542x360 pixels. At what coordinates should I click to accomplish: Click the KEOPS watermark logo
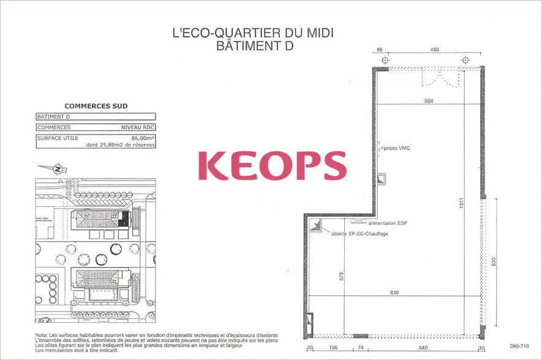pos(272,165)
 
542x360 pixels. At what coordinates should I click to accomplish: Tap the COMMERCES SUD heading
pos(96,106)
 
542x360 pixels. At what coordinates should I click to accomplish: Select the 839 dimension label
pos(394,293)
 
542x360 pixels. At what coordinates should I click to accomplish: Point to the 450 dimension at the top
pos(434,49)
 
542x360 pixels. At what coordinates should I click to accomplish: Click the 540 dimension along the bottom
pos(423,348)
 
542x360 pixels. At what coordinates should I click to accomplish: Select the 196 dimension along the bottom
pos(333,348)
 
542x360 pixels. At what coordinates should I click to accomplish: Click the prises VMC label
pos(397,148)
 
